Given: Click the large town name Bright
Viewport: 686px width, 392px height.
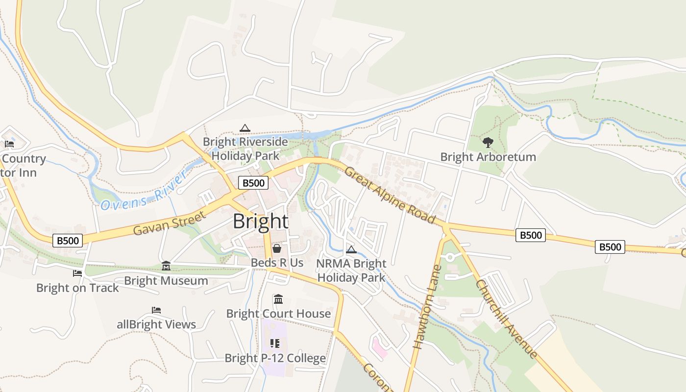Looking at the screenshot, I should coord(260,221).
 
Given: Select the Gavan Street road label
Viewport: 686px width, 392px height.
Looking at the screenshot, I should coord(169,223).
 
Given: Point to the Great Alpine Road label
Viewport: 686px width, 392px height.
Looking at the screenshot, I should coord(390,195).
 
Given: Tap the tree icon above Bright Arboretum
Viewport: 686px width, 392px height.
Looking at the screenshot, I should coord(488,143).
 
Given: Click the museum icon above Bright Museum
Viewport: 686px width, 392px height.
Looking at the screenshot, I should coord(166,266).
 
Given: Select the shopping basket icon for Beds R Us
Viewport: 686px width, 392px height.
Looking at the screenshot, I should coord(277,248).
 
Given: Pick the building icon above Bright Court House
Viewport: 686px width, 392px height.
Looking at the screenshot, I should coord(278,299).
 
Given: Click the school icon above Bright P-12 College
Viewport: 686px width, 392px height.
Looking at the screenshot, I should coord(275,343).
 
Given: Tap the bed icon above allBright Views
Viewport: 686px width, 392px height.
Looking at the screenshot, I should coord(156,310).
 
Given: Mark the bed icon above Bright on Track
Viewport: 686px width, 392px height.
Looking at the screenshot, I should coord(77,273).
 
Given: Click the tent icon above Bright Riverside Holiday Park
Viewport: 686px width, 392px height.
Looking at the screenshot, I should coord(245,128).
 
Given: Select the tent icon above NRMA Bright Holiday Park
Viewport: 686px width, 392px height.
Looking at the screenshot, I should coord(351,249).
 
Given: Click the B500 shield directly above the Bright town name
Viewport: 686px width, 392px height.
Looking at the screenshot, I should coord(253,183).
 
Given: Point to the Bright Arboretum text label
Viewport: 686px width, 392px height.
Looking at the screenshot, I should coord(488,157).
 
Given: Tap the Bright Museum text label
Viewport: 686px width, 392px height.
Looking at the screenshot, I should coord(166,281).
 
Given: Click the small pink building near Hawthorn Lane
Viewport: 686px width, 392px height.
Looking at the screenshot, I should coord(380,347).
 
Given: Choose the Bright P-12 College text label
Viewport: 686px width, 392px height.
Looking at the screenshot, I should coord(275,358).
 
